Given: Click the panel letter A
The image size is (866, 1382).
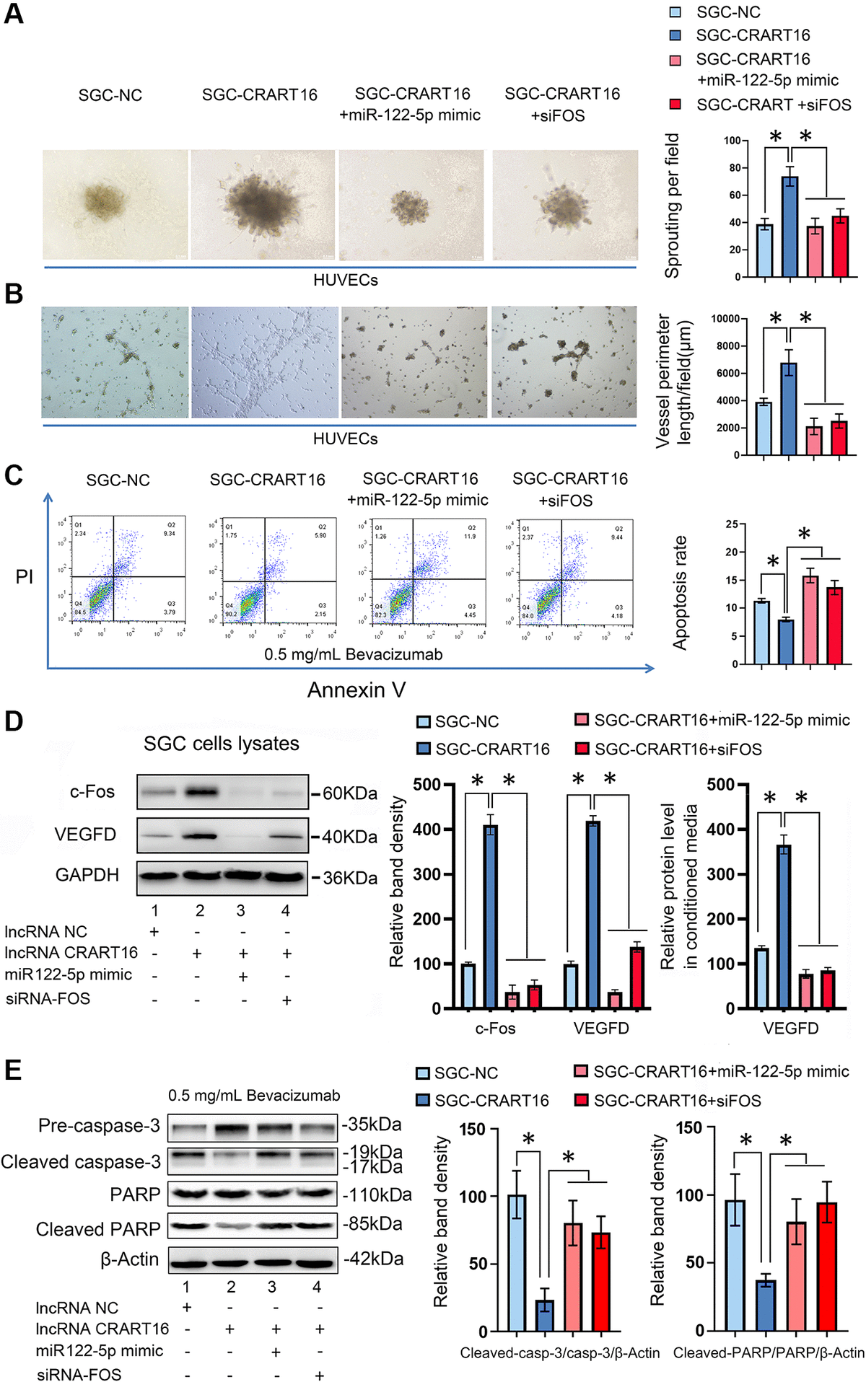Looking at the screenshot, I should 14,14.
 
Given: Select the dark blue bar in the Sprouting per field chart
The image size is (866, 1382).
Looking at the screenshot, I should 790,226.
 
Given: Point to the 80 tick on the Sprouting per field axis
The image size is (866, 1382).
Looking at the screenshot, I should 734,168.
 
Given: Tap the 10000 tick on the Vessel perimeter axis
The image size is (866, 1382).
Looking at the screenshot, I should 725,319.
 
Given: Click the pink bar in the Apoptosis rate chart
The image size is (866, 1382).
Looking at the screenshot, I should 810,620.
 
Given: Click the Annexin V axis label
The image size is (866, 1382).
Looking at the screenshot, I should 356,690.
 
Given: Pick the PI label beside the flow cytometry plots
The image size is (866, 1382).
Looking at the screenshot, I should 25,576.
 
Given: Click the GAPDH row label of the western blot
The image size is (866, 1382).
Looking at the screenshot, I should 87,875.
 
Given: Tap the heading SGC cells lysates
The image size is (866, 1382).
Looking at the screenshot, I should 221,744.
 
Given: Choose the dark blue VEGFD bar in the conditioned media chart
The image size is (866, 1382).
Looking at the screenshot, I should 783,926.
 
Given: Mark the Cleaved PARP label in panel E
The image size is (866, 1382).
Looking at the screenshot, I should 98,1229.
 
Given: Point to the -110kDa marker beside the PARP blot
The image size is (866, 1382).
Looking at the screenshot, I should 376,1195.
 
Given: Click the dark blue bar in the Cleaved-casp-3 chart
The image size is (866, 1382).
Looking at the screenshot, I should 545,1316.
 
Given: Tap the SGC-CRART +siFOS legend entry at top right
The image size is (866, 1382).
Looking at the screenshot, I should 773,105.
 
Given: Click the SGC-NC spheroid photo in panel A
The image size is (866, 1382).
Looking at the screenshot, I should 114,204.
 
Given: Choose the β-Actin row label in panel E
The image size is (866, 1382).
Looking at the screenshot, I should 129,1259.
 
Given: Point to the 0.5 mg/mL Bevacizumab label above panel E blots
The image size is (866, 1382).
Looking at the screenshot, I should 254,1096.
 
